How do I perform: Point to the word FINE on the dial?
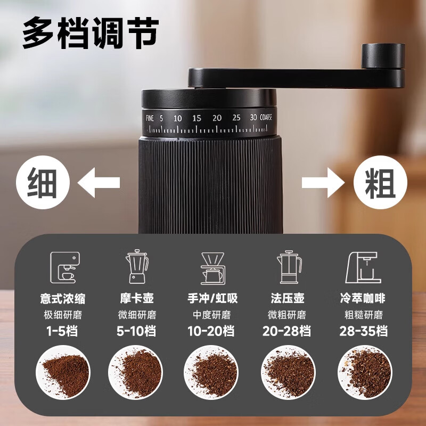[x=150, y=118]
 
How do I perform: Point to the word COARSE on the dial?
[x=266, y=118]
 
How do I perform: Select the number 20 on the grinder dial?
[x=217, y=118]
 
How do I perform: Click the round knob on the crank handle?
[x=383, y=56]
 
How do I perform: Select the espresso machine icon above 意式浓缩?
[x=65, y=267]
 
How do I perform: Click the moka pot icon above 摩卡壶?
[x=137, y=267]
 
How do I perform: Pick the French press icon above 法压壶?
[x=289, y=267]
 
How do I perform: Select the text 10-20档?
[x=211, y=331]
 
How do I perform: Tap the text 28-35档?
[x=363, y=331]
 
